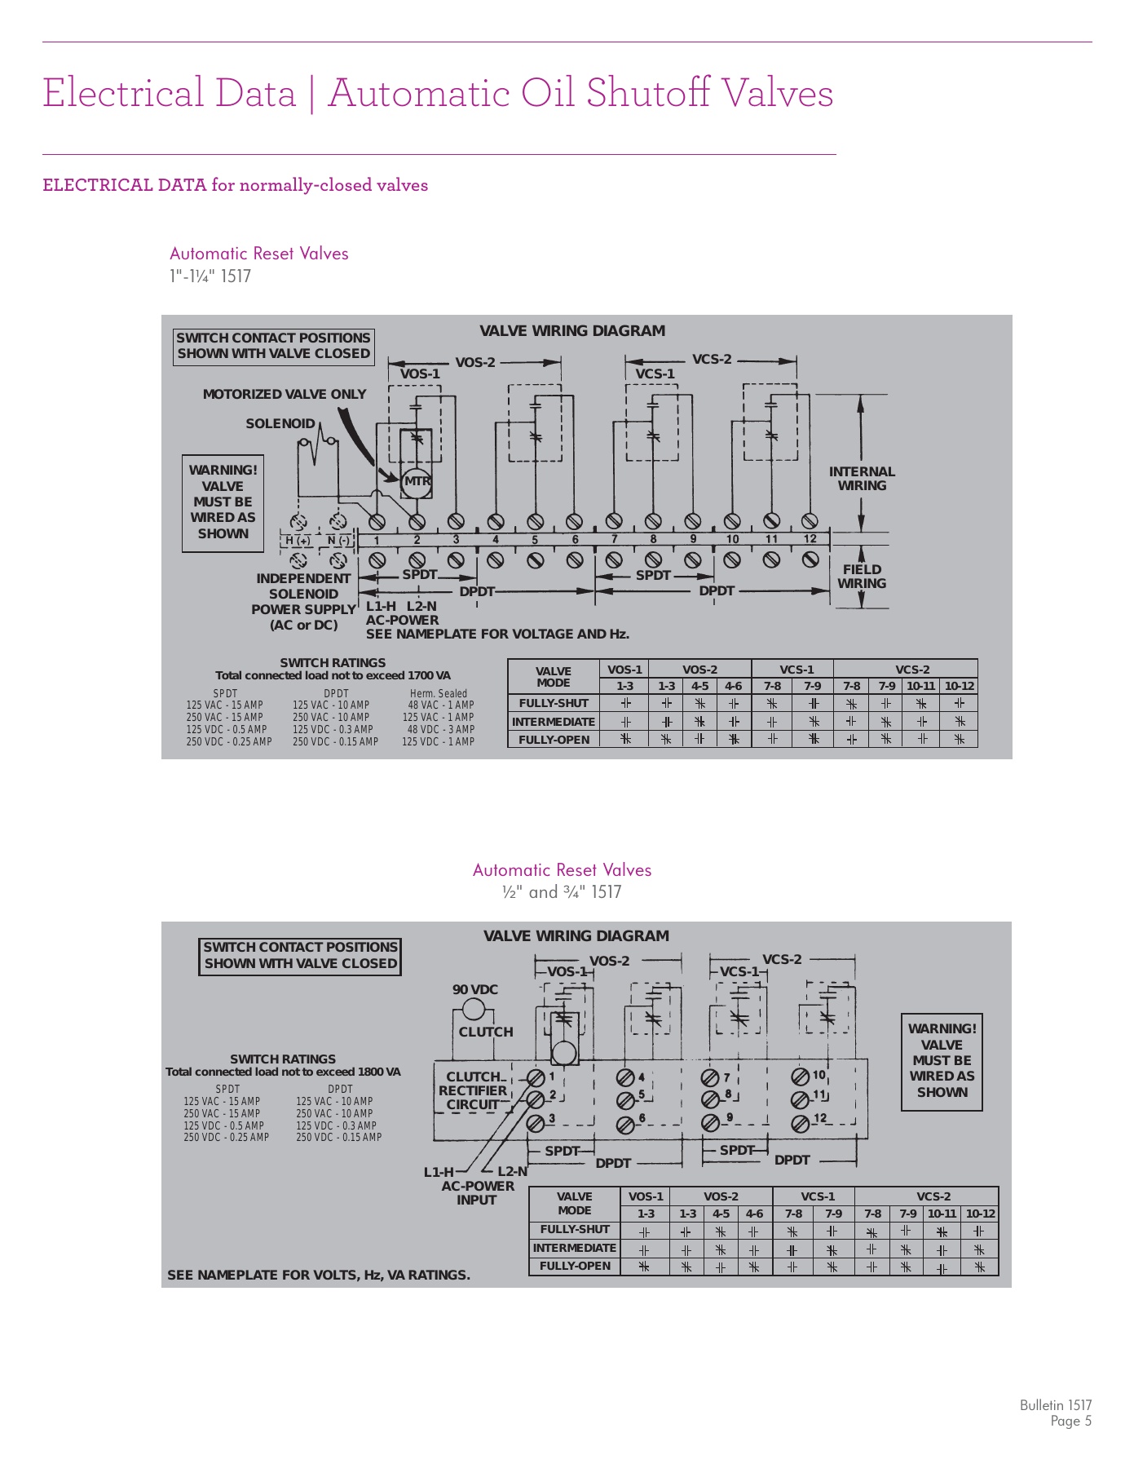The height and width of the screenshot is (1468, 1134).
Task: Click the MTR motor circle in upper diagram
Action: [417, 481]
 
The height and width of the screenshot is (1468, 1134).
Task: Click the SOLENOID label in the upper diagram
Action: [280, 423]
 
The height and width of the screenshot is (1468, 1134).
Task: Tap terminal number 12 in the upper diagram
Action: [810, 539]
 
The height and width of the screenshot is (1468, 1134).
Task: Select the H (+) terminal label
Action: [298, 540]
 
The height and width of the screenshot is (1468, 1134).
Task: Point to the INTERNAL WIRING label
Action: [862, 479]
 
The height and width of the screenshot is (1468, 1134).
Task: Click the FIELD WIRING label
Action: [862, 577]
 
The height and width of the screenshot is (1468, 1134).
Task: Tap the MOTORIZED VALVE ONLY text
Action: [285, 394]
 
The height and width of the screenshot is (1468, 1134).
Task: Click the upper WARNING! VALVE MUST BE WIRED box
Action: [223, 502]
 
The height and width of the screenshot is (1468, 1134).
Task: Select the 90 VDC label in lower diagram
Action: [475, 989]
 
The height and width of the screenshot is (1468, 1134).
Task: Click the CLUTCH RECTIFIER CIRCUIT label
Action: [473, 1090]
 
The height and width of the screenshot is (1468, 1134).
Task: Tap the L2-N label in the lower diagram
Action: [512, 1172]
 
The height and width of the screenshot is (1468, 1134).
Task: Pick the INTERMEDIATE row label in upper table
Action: [554, 722]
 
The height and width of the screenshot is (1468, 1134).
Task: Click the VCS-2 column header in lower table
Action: [933, 1196]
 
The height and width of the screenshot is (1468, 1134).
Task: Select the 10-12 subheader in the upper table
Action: [959, 687]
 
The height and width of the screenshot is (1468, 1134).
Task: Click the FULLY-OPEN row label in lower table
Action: [575, 1267]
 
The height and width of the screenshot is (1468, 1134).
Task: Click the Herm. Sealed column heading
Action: [439, 694]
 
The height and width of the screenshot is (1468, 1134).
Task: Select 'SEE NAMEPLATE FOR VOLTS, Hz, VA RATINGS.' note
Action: [319, 1275]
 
